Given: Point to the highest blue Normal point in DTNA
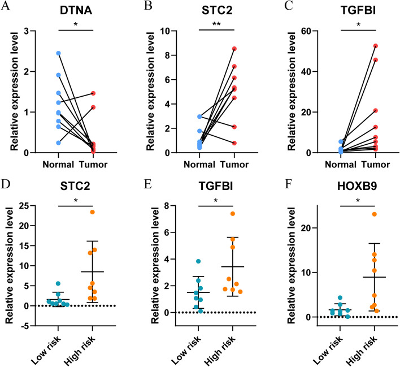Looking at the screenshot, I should [58, 53].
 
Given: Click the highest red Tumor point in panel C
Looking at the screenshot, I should [359, 46].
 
